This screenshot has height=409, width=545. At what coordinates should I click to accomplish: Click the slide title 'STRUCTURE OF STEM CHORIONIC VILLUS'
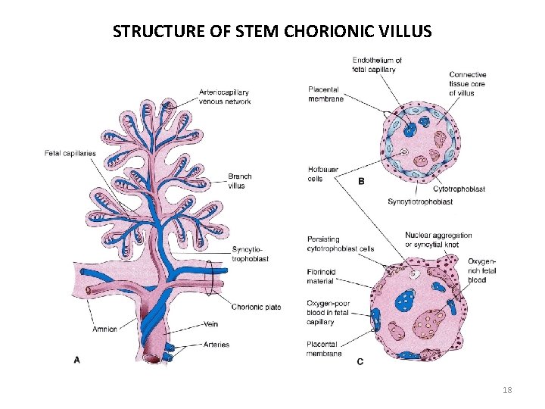coord(272,31)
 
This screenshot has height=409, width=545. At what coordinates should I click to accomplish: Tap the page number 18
coord(507,390)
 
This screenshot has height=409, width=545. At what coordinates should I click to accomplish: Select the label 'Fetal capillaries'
coord(70,154)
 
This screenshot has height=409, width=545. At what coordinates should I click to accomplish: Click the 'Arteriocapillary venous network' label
coord(225,97)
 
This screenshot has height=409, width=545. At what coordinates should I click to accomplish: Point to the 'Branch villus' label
coord(240,181)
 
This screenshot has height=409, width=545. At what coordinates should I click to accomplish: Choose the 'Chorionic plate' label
coord(256,307)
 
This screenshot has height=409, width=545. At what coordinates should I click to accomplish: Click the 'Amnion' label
coord(104,329)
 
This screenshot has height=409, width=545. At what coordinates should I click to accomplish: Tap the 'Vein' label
coord(212,323)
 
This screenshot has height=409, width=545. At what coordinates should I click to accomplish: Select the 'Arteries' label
coord(216,345)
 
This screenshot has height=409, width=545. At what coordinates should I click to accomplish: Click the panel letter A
coord(76,361)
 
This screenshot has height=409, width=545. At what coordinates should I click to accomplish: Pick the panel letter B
coord(361,181)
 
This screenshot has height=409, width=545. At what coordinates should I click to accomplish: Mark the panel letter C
coord(360,362)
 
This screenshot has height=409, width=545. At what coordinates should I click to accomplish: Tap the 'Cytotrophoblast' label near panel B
coord(459,189)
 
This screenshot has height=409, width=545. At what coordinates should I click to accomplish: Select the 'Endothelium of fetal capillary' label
coord(377,65)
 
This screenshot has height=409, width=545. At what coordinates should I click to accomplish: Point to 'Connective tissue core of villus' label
coord(468,84)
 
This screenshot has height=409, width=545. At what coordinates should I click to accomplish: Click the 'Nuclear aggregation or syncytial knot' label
coord(438,239)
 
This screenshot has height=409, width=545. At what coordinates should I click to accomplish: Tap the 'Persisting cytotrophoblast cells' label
coord(341,244)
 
